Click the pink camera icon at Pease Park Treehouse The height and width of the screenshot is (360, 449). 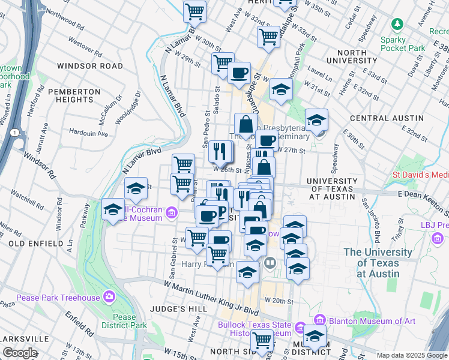tap(109, 296)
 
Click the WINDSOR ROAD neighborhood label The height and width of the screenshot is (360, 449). tap(89, 65)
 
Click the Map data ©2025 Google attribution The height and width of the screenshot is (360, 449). tap(412, 355)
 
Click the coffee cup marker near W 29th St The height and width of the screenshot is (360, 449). tap(240, 73)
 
